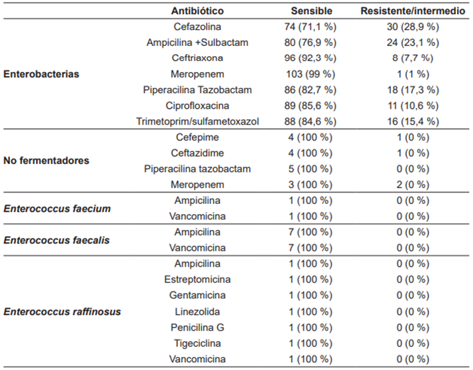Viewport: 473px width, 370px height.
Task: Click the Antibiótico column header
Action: click(197, 11)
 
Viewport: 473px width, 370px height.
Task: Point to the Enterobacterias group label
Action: click(42, 74)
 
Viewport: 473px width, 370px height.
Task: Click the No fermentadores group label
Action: click(47, 161)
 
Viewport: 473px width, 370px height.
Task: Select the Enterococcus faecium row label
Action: click(57, 209)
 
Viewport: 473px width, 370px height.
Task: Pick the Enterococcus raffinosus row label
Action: click(62, 311)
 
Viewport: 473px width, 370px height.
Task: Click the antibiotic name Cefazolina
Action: click(197, 27)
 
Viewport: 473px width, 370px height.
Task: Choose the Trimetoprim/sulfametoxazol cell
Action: click(197, 121)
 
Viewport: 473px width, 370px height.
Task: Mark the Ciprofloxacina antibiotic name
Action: click(197, 105)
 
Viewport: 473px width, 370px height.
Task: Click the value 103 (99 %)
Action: click(309, 74)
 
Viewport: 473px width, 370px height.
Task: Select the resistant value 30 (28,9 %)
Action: click(418, 27)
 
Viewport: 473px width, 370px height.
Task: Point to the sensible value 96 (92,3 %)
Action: click(309, 59)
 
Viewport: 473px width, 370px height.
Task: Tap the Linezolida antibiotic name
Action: click(197, 311)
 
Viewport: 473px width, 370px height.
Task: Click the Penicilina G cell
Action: click(197, 327)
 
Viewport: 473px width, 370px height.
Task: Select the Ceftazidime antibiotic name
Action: click(197, 153)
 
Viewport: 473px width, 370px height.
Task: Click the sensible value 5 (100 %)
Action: click(309, 169)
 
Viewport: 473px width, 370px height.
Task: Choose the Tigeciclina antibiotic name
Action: click(197, 343)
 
